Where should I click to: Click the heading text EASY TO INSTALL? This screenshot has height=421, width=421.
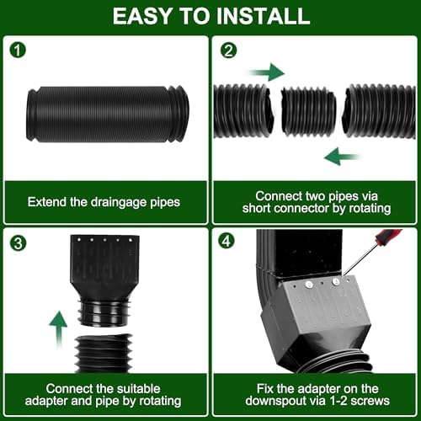210,16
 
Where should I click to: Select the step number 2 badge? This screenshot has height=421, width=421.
226,51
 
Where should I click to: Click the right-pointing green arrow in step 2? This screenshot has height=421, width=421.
267,72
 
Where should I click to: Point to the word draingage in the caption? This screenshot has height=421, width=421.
112,202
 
